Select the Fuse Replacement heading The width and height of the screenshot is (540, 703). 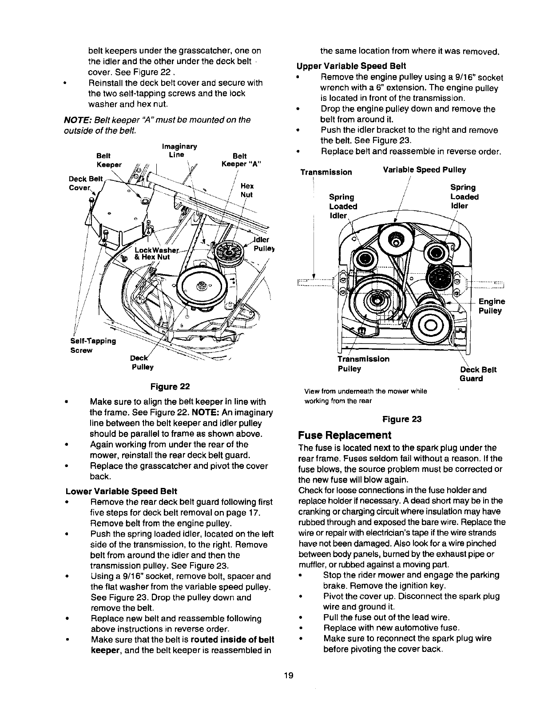[x=344, y=434]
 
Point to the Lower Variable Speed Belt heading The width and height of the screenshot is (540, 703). [x=121, y=491]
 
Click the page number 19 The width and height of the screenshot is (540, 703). [x=289, y=676]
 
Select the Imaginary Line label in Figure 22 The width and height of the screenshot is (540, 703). [x=179, y=151]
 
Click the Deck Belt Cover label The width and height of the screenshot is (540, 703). [x=86, y=183]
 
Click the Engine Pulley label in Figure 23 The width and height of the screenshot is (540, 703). [x=491, y=306]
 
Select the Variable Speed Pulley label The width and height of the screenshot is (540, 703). [x=424, y=170]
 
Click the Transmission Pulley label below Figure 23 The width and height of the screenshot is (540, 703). [x=363, y=364]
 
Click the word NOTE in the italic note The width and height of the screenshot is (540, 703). [x=76, y=120]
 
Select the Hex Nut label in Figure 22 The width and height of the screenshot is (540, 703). [x=246, y=191]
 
